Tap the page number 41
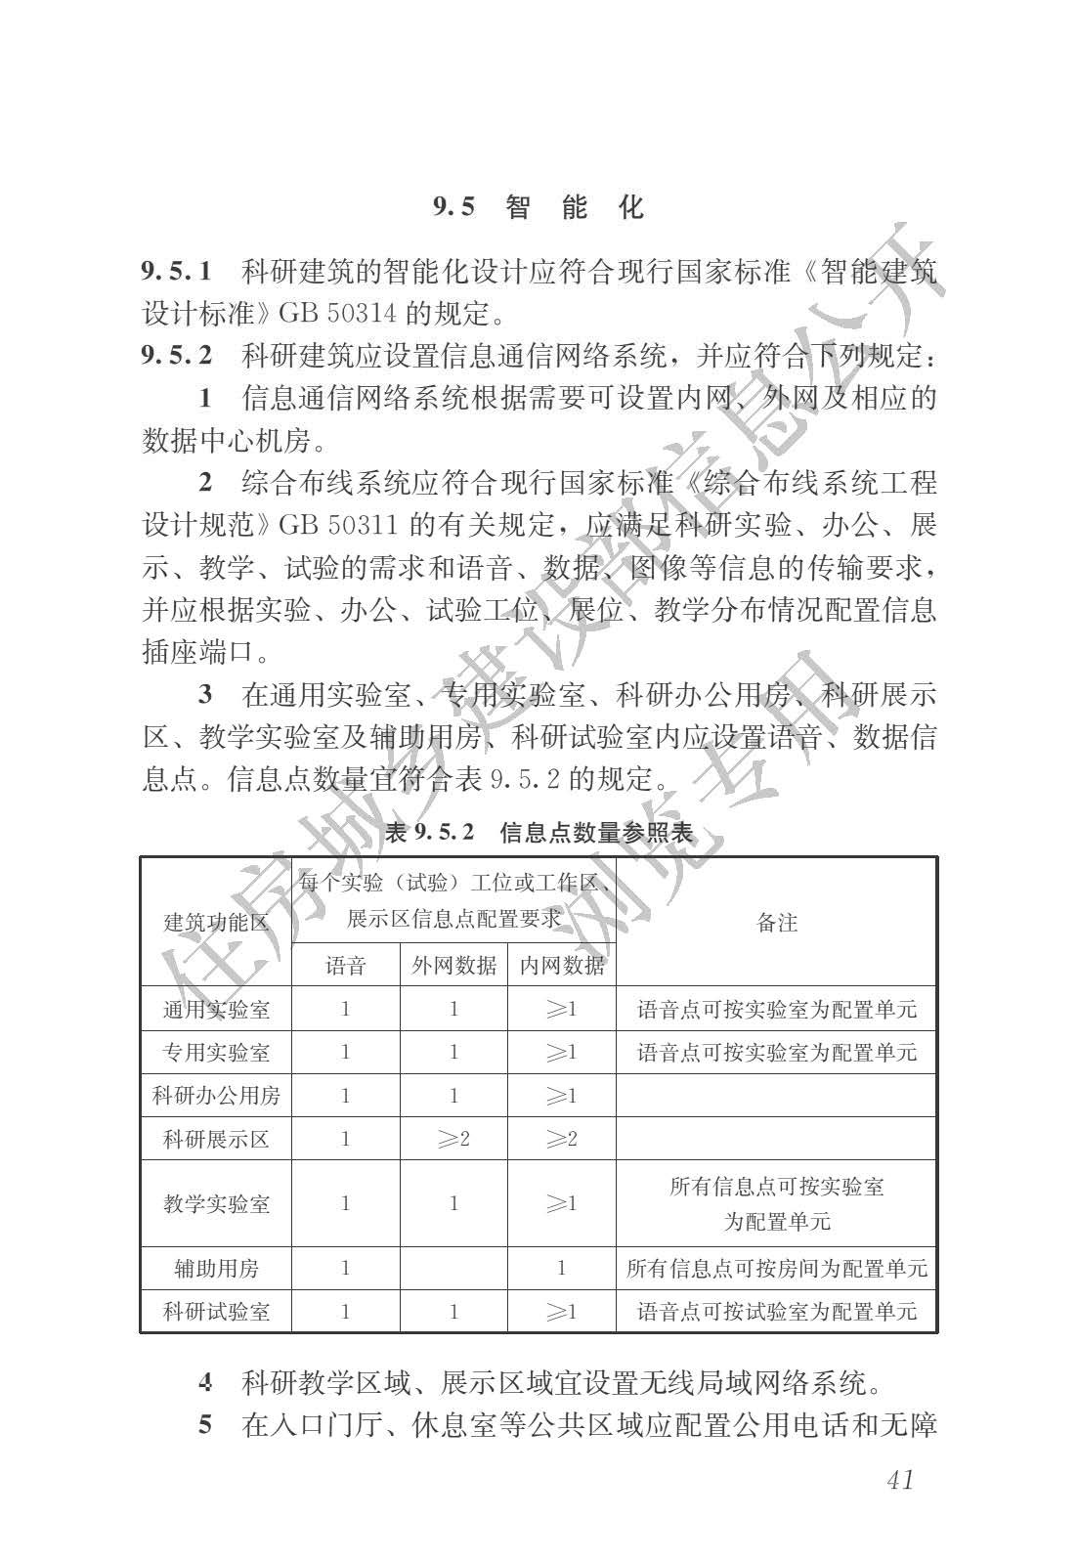tap(899, 1479)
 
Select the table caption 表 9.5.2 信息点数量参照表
tap(539, 833)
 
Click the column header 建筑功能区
tap(216, 922)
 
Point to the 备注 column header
tap(777, 922)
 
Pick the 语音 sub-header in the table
tap(346, 966)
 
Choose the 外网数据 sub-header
tap(453, 966)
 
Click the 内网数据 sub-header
tap(562, 966)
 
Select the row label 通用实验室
tap(216, 1009)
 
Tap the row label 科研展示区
tap(216, 1139)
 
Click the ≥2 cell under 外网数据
tap(453, 1139)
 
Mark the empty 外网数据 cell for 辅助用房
tap(453, 1269)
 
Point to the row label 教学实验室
tap(216, 1203)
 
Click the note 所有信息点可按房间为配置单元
tap(777, 1269)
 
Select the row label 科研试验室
tap(216, 1312)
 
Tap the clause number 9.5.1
tap(177, 270)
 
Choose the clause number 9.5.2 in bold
tap(177, 356)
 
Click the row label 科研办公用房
tap(216, 1096)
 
